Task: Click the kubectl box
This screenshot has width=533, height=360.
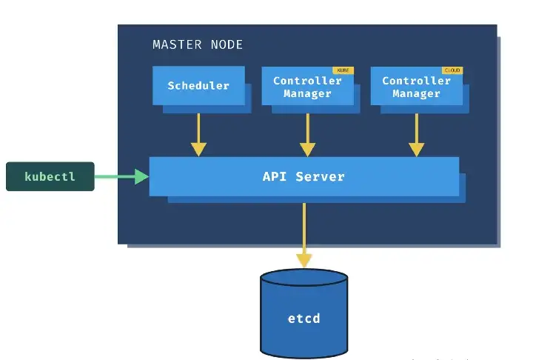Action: pyautogui.click(x=50, y=176)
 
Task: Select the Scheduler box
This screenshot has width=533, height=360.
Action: pyautogui.click(x=198, y=86)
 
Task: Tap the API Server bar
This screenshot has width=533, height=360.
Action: pyautogui.click(x=304, y=176)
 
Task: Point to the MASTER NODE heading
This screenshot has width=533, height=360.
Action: pyautogui.click(x=198, y=44)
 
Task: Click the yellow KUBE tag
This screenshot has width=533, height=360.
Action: pyautogui.click(x=343, y=70)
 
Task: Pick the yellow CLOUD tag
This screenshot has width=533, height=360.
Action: pyautogui.click(x=452, y=70)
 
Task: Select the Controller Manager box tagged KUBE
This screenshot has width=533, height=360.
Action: pyautogui.click(x=307, y=87)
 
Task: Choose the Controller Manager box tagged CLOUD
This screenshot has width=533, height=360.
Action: pyautogui.click(x=416, y=87)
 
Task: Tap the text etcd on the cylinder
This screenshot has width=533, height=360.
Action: pyautogui.click(x=304, y=319)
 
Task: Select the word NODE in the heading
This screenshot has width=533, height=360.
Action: pyautogui.click(x=225, y=44)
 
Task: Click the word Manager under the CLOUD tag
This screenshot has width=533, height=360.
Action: pyautogui.click(x=416, y=93)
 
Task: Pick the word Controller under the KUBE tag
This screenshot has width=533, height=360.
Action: pyautogui.click(x=307, y=80)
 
